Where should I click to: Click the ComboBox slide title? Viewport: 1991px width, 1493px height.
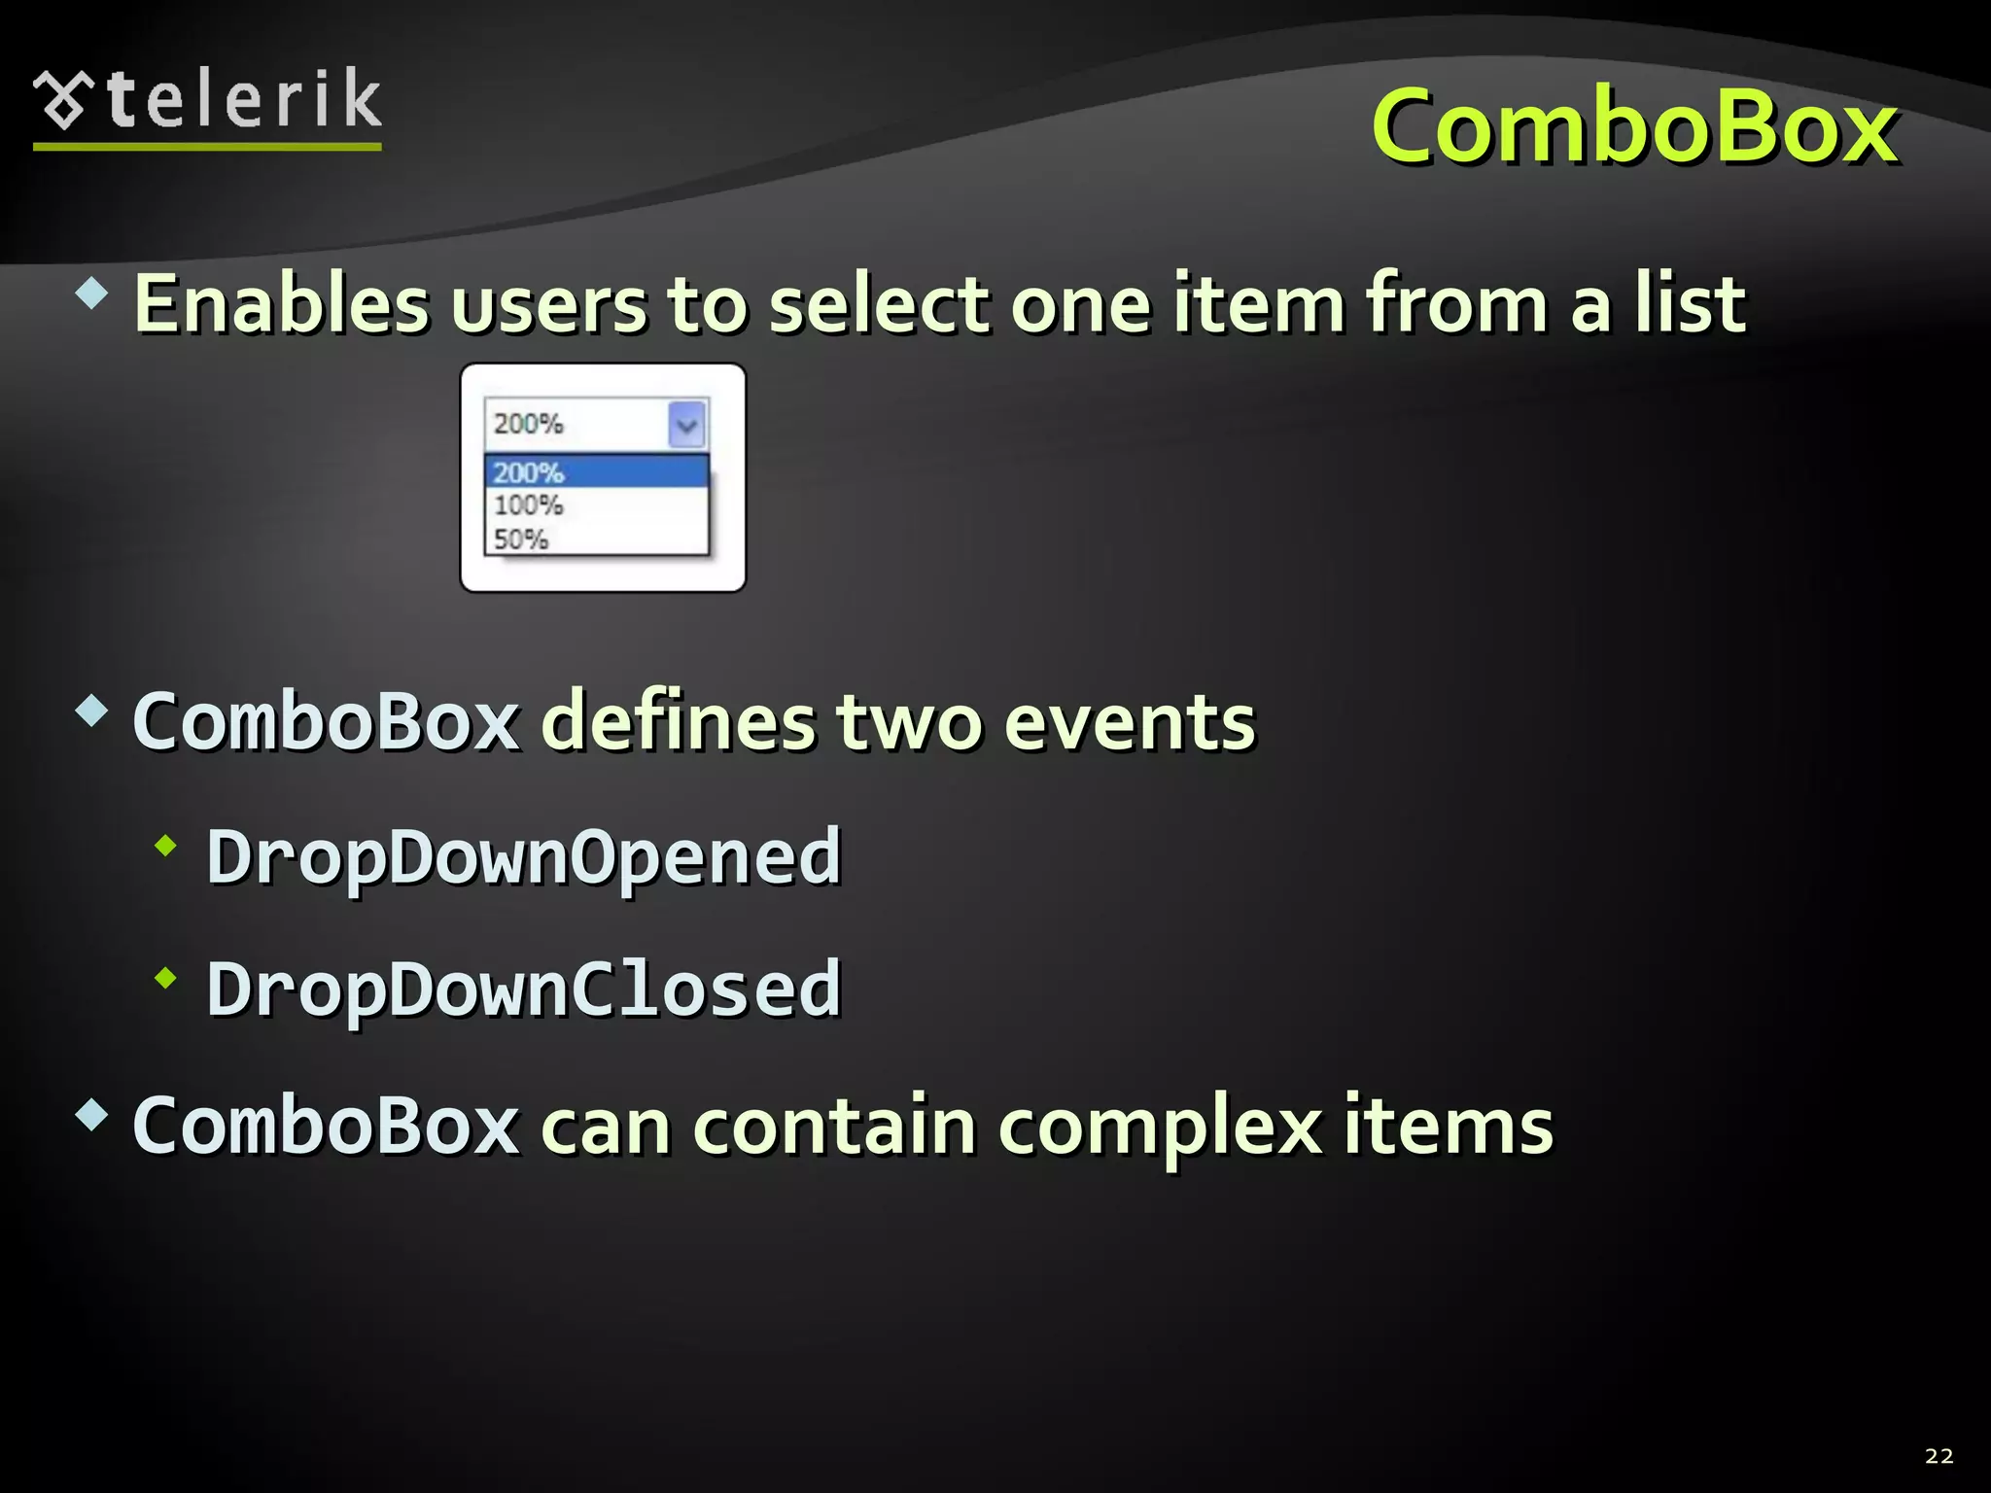[x=1633, y=126]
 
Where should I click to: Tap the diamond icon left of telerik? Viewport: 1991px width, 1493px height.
[x=63, y=100]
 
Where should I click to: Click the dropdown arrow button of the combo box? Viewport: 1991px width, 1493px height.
[x=687, y=425]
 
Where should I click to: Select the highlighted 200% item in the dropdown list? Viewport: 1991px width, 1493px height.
[x=595, y=472]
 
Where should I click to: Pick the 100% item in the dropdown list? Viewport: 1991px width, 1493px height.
[x=529, y=505]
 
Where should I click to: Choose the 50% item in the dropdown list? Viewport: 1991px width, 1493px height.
[x=521, y=538]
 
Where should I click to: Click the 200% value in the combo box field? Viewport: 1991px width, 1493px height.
[x=529, y=424]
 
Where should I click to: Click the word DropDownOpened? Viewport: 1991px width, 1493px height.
[x=523, y=857]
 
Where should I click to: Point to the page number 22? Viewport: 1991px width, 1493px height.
[x=1939, y=1455]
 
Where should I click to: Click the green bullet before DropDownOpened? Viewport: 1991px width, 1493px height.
[x=166, y=847]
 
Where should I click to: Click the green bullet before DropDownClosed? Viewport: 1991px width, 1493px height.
[x=166, y=979]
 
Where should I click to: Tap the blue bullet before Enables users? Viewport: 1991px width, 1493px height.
[x=91, y=293]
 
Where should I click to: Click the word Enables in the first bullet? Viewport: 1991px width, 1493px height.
[x=281, y=304]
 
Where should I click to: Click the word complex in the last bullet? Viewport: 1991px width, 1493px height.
[x=1160, y=1128]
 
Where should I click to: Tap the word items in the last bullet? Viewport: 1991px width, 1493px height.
[x=1449, y=1128]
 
